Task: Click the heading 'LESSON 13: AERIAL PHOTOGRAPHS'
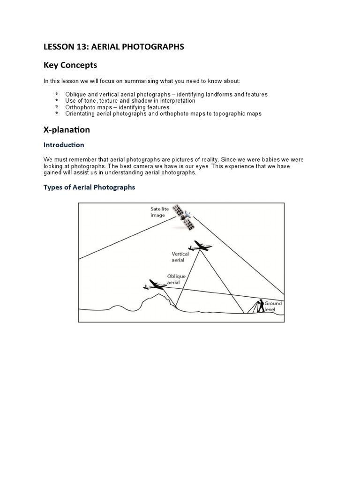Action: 114,46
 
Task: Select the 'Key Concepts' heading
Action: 70,65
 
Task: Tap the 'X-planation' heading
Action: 67,129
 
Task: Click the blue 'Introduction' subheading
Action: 64,145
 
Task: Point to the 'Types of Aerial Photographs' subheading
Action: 89,187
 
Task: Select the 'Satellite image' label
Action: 158,212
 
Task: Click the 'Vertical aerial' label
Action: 180,256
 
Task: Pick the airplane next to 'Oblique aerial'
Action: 154,284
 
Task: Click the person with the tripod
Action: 259,306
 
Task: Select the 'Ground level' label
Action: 273,306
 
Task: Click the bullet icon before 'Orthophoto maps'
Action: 57,107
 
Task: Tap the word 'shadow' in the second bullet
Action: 137,101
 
